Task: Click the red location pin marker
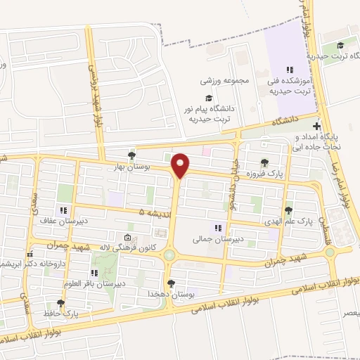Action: click(x=181, y=165)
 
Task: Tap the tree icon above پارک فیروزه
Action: click(x=264, y=163)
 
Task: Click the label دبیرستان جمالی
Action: click(x=218, y=239)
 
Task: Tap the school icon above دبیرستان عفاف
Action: click(x=63, y=210)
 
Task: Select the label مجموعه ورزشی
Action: click(x=226, y=79)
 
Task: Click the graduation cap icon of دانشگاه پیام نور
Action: click(x=208, y=98)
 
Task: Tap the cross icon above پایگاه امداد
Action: click(x=317, y=126)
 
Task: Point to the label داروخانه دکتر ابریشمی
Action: click(x=32, y=264)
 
